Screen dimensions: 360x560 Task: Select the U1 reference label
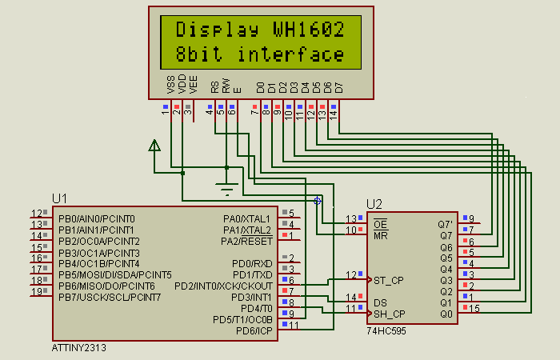60,198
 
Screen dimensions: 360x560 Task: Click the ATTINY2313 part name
78,348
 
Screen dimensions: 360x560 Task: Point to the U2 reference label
375,203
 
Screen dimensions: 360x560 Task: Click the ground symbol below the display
227,190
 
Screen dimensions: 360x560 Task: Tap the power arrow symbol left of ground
154,145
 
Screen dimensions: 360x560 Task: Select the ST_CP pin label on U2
388,280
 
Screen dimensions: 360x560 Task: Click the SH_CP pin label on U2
389,314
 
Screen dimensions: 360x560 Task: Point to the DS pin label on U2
380,302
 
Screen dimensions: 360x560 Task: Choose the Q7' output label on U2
445,224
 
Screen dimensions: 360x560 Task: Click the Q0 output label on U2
446,314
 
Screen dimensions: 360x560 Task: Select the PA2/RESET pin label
247,241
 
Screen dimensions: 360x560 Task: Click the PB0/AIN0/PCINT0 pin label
96,218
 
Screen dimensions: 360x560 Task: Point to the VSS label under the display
170,86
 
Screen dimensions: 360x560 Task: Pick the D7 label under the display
338,86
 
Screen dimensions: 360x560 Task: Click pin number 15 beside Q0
475,308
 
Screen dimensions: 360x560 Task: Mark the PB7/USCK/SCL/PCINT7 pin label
110,297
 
